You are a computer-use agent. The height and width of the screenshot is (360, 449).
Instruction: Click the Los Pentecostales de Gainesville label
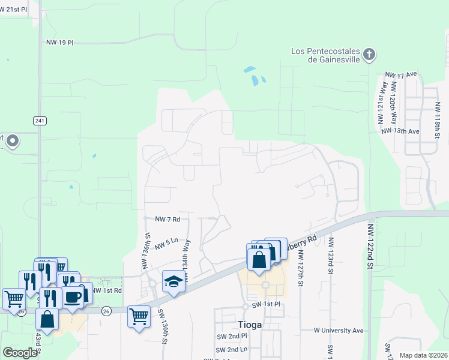point(325,56)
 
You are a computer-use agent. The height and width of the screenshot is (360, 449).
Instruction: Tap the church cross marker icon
point(369,56)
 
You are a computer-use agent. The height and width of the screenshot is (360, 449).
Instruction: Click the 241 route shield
point(40,121)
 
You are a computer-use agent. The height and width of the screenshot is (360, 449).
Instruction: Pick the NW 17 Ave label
point(401,75)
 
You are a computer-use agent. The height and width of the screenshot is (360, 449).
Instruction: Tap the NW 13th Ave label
point(399,131)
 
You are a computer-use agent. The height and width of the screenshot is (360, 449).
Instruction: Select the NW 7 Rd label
point(167,220)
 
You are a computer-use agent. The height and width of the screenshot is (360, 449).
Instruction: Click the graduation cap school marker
point(173,281)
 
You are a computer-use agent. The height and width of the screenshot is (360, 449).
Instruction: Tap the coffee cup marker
point(73,297)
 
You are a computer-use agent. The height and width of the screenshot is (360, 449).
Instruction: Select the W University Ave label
point(339,330)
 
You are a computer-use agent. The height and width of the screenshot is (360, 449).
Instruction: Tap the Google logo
point(20,353)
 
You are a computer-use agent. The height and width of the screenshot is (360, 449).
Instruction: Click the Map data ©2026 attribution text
point(423,355)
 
